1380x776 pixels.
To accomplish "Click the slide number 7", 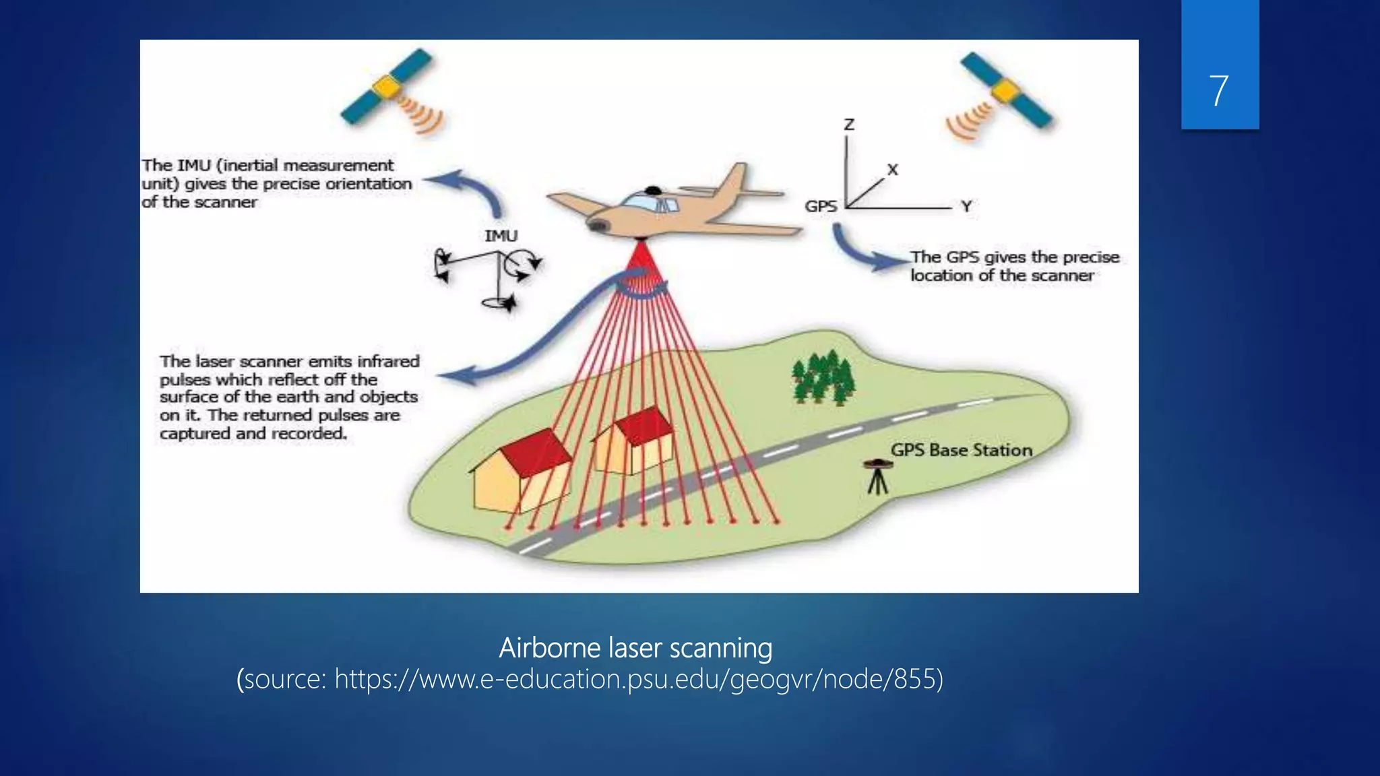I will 1218,91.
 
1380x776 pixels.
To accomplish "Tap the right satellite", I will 1005,90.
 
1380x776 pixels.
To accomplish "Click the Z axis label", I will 849,125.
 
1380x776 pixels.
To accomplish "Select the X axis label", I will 893,170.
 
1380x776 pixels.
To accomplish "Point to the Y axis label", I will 967,207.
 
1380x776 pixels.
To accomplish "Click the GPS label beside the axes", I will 821,207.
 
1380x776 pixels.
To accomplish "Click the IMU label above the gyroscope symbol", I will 501,236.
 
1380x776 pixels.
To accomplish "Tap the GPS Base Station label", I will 962,450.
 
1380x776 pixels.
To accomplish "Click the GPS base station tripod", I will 877,477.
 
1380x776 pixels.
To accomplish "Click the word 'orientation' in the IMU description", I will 369,184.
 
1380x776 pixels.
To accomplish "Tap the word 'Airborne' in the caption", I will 550,648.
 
